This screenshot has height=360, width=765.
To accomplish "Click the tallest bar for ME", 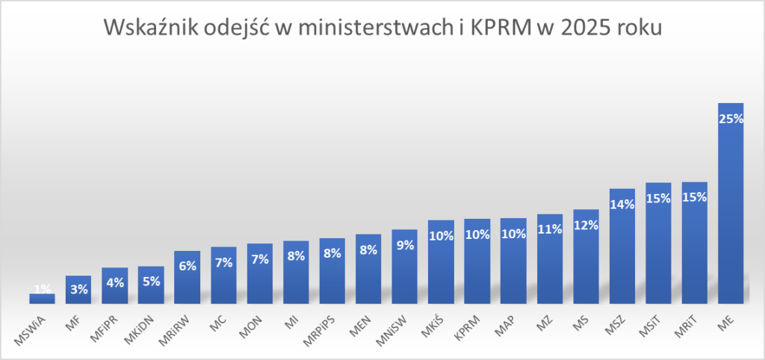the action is pos(731,203).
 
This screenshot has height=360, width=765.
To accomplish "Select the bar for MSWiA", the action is pos(42,299).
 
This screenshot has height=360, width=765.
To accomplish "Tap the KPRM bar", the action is pos(477,261).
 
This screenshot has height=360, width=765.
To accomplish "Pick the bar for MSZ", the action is pos(622,246).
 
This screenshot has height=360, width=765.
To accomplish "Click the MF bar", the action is pos(78,290).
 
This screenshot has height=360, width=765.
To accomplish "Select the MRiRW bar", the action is pos(188,278).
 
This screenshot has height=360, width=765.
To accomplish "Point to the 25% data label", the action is pos(731,119).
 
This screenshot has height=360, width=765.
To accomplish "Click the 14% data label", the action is pos(622,205).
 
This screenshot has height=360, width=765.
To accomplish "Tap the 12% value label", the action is pos(586,226).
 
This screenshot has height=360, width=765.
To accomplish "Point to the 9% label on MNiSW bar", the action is pos(405,246).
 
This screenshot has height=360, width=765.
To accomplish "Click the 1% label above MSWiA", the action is pos(43,289).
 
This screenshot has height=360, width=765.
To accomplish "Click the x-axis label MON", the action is pos(252,326).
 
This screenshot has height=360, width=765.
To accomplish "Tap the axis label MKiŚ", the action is pos(431,326).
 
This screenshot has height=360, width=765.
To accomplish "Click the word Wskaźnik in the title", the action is pos(150,28).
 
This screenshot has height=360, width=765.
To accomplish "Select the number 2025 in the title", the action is pos(587,28).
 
